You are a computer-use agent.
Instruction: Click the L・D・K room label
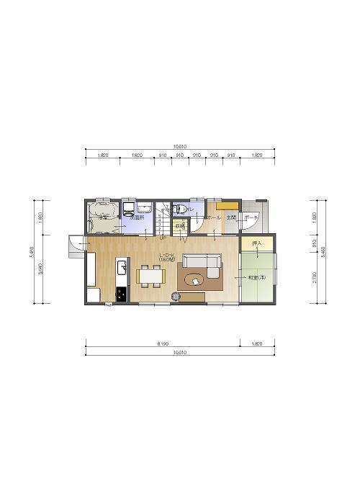point(167,254)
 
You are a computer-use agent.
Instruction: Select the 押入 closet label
point(256,245)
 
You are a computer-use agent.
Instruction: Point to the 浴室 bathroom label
point(103,217)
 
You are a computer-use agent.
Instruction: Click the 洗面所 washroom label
point(138,217)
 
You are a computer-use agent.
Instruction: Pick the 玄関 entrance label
point(231,217)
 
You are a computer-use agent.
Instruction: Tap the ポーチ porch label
point(251,217)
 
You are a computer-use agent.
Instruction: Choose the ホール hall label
point(214,217)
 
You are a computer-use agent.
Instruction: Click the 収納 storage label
point(179,226)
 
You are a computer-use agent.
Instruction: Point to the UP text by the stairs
point(163,238)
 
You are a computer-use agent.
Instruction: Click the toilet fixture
point(180,210)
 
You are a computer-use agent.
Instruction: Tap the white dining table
point(150,275)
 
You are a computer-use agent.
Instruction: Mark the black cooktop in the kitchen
point(121,294)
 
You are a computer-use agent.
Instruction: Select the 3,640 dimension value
point(40,270)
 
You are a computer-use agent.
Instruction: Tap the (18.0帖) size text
point(167,259)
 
